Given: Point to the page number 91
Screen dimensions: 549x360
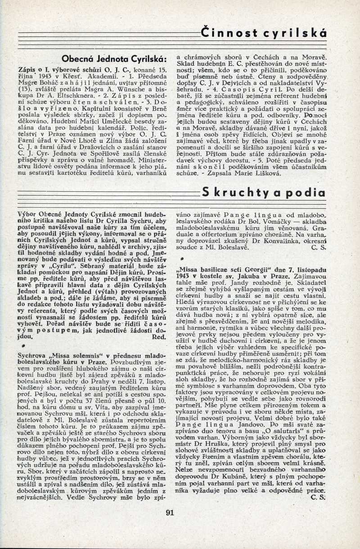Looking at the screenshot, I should (170, 511).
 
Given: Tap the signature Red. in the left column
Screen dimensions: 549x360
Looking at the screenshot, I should (160, 336).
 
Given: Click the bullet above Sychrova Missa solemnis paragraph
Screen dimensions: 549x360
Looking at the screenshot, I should (18, 346).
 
